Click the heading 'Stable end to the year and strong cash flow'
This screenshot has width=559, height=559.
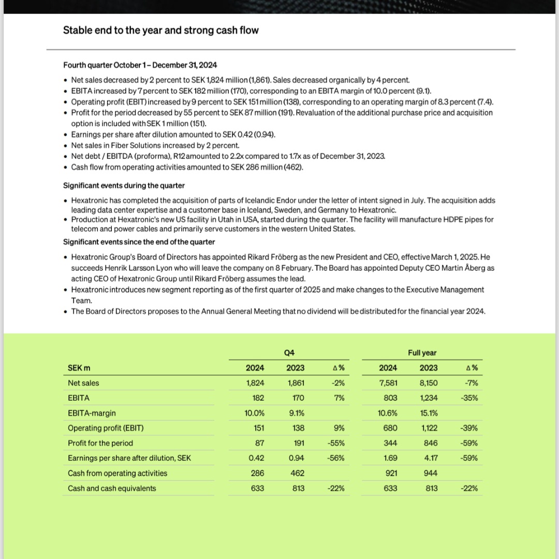click(x=160, y=30)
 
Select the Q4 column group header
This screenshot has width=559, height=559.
click(x=289, y=352)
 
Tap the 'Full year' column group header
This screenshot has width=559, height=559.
click(x=422, y=352)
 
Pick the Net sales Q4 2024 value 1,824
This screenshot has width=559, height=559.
click(x=255, y=383)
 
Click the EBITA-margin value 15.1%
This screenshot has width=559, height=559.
click(x=429, y=413)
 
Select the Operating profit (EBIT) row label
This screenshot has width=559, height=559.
click(x=106, y=428)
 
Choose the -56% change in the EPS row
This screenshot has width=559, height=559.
click(x=336, y=458)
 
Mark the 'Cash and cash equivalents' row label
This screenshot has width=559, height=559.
click(x=112, y=488)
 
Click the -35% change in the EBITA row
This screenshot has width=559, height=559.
click(x=468, y=398)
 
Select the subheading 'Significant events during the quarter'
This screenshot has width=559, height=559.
click(x=124, y=185)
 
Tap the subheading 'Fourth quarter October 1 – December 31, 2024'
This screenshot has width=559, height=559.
click(x=140, y=65)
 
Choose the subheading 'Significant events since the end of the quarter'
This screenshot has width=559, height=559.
click(x=139, y=242)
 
